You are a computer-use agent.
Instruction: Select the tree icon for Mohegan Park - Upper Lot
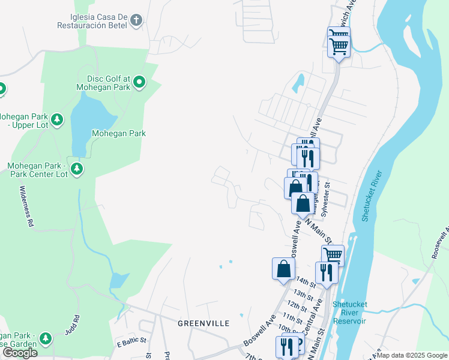[57, 120]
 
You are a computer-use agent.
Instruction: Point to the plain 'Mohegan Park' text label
[118, 133]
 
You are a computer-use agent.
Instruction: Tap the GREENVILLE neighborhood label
[203, 323]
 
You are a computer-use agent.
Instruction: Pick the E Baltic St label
[131, 340]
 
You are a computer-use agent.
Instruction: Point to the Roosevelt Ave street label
[440, 243]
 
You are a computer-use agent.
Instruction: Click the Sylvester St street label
[327, 200]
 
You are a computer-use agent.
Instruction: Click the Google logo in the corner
[19, 353]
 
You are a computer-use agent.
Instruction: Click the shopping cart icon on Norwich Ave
[339, 44]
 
